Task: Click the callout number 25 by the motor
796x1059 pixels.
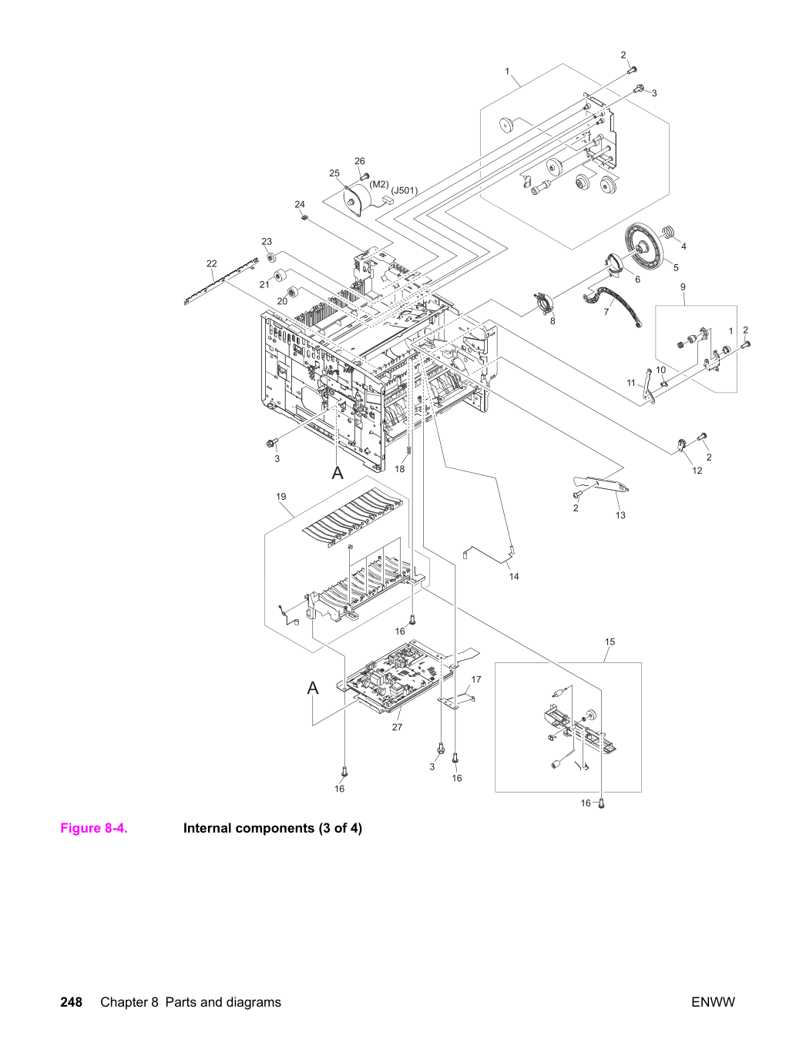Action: click(x=334, y=173)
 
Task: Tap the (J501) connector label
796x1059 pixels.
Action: click(x=404, y=190)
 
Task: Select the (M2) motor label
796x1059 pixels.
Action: click(x=379, y=184)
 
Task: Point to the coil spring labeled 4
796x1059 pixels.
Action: click(x=669, y=232)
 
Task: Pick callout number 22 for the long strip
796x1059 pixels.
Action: click(x=211, y=263)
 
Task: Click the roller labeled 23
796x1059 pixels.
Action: click(x=272, y=257)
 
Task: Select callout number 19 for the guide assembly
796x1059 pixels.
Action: click(x=281, y=497)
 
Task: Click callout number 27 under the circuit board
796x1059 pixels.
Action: click(x=397, y=727)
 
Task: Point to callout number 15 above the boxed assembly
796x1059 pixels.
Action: click(x=610, y=642)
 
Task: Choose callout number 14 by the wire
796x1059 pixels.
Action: click(x=514, y=577)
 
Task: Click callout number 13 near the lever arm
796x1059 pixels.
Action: click(x=620, y=515)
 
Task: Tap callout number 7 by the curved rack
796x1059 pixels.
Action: click(x=606, y=312)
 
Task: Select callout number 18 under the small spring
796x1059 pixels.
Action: click(x=400, y=468)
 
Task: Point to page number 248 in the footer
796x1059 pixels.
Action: click(x=72, y=1003)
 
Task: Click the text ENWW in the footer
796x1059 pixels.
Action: click(x=713, y=1003)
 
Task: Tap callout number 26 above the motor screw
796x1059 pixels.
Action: click(x=360, y=161)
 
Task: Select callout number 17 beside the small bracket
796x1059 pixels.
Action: click(x=476, y=679)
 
